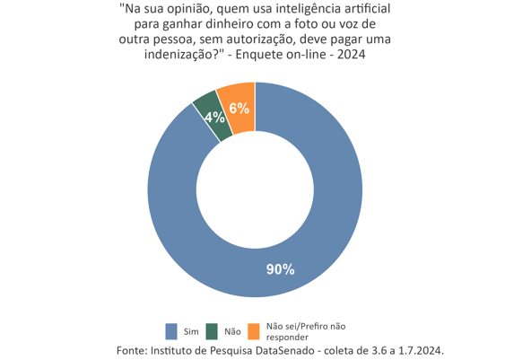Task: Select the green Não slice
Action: click(x=208, y=108)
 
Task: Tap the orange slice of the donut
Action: click(x=238, y=97)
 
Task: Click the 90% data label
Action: click(x=280, y=268)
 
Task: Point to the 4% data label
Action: click(x=213, y=117)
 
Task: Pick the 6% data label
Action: click(x=239, y=109)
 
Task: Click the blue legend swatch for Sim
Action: click(x=172, y=331)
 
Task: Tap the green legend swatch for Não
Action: click(x=213, y=331)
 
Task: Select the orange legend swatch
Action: click(x=254, y=331)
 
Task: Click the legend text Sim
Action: click(x=190, y=331)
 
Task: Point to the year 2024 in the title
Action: click(x=350, y=55)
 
